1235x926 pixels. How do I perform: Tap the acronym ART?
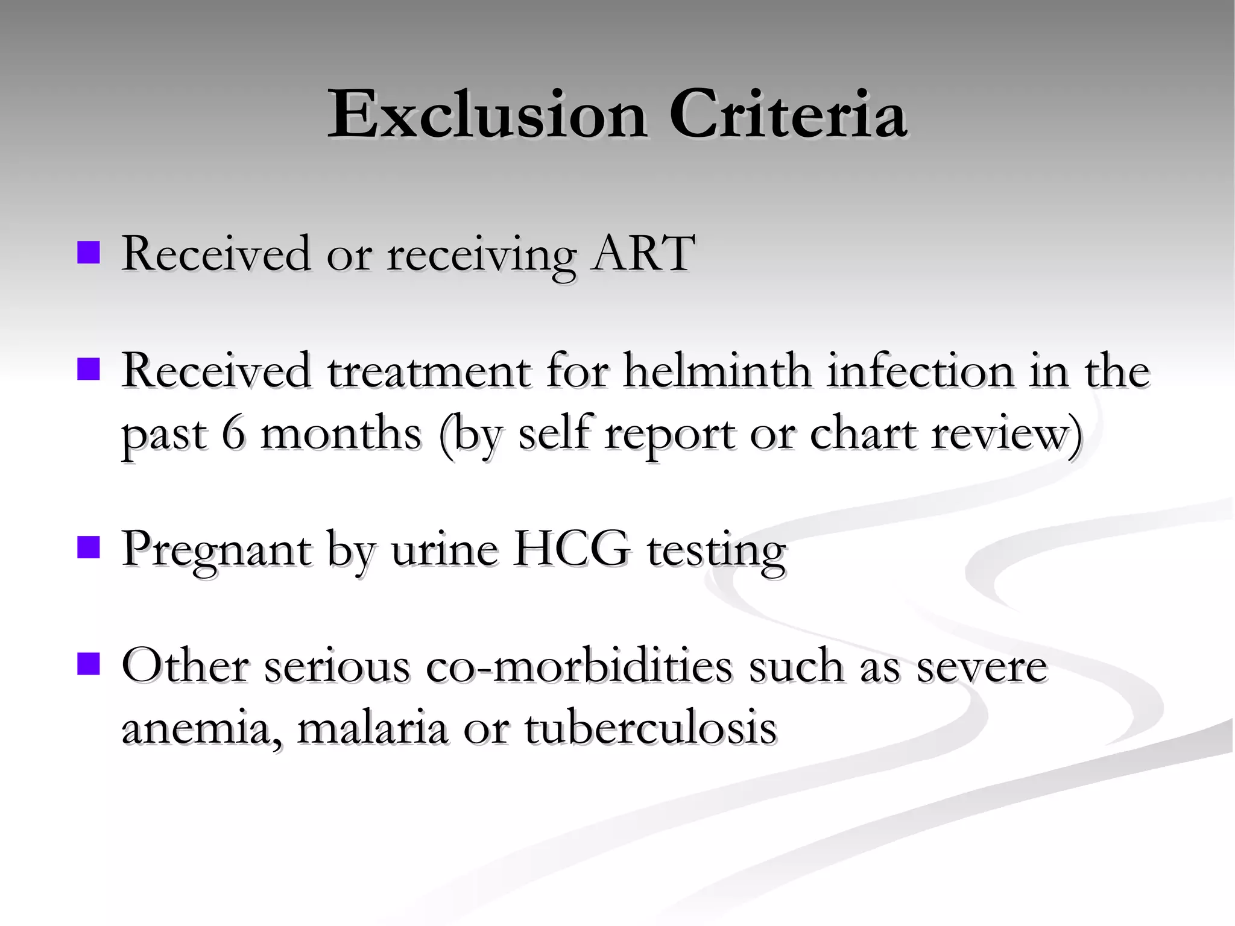(x=643, y=253)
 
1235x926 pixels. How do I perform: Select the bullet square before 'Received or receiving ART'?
(x=89, y=253)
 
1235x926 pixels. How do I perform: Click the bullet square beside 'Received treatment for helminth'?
(x=89, y=370)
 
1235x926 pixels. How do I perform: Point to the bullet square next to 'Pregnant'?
(x=89, y=548)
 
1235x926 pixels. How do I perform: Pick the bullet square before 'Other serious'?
(x=89, y=665)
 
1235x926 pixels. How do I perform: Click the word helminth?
(x=717, y=371)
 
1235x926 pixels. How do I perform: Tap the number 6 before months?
(x=233, y=433)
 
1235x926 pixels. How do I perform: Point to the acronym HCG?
(x=570, y=549)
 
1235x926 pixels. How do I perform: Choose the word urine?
(x=444, y=549)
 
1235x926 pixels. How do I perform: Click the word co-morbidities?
(x=578, y=666)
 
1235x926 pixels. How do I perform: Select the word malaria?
(x=373, y=728)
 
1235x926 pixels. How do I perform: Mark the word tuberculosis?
(x=650, y=728)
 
